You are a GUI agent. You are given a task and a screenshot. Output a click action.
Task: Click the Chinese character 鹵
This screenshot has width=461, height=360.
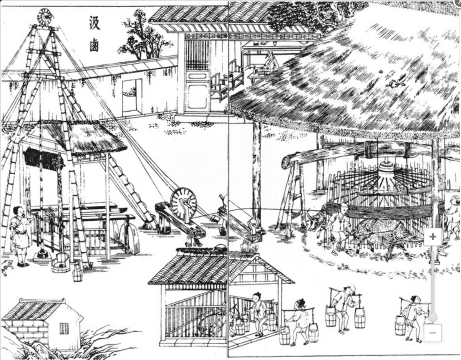coord(94,45)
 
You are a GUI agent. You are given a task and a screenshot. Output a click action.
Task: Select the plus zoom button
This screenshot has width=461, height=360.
coord(433,237)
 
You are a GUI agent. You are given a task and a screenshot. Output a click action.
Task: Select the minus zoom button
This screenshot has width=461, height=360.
coord(433,333)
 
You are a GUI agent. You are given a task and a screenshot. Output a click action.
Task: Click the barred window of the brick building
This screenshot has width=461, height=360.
coord(64,328)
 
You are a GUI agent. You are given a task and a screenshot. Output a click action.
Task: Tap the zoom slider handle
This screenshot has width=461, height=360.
coord(433,317)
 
